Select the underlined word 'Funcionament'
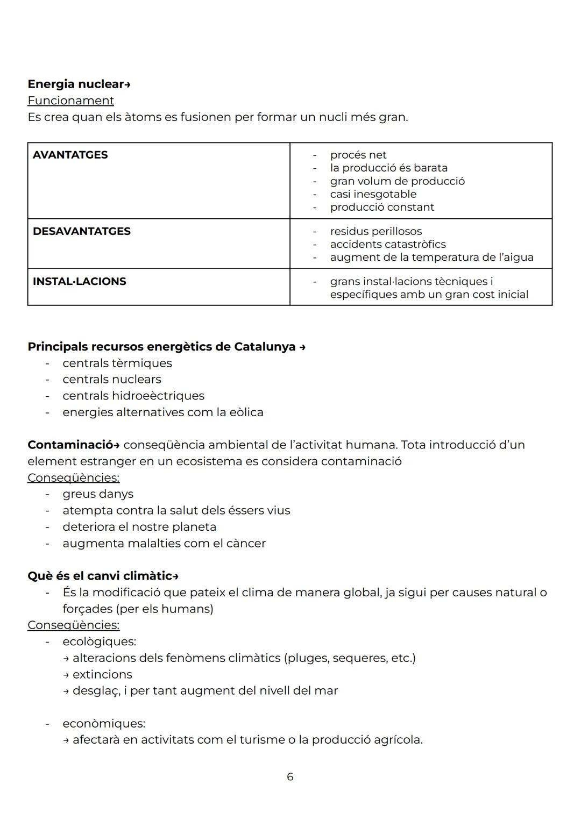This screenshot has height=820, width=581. click(x=70, y=101)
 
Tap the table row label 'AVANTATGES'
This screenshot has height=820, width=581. click(x=70, y=155)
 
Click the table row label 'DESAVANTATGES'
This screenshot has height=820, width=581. click(x=81, y=231)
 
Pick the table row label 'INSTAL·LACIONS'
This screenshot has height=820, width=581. click(x=79, y=281)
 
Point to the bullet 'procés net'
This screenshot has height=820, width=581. click(x=358, y=155)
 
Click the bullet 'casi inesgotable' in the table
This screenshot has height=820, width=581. click(x=373, y=194)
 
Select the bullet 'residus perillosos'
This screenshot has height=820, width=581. click(x=375, y=231)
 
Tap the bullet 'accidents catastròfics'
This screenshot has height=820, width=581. click(x=387, y=244)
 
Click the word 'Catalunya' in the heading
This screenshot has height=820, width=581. click(x=265, y=347)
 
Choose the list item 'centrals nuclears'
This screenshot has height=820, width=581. click(x=111, y=380)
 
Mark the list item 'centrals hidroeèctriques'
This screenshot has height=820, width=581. click(x=133, y=396)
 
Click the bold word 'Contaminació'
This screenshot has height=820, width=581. click(x=70, y=445)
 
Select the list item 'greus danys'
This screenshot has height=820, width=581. click(x=97, y=494)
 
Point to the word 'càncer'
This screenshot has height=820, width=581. click(x=246, y=544)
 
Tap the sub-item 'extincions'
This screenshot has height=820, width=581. click(x=102, y=674)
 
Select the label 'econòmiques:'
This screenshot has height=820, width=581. click(x=103, y=724)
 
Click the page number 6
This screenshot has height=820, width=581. click(x=290, y=777)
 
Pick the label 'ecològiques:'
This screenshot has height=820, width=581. click(x=99, y=641)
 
